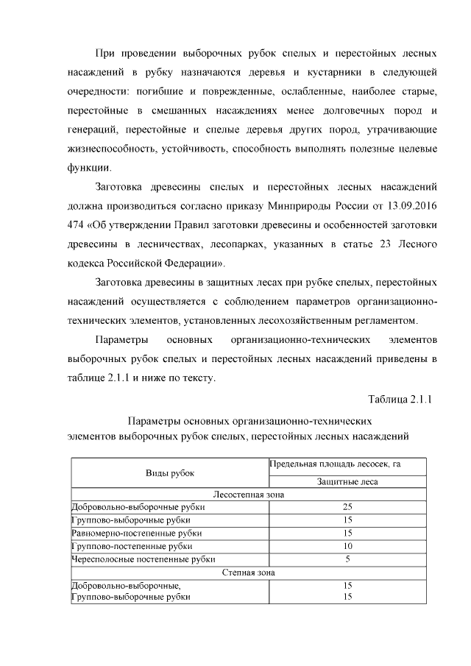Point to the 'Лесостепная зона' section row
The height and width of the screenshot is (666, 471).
tap(248, 495)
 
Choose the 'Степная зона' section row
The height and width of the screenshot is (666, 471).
tap(248, 572)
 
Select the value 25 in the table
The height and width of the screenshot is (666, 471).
tap(347, 507)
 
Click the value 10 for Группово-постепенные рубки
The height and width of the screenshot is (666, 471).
tap(347, 546)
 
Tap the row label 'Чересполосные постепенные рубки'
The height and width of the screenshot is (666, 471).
tap(143, 559)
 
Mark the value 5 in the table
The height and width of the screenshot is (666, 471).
tap(347, 559)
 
